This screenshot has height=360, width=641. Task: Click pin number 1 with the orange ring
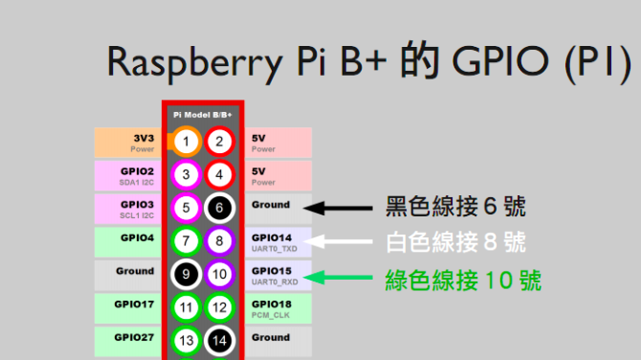point(187,142)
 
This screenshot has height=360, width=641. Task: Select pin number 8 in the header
point(219,241)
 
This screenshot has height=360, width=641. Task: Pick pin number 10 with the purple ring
point(219,275)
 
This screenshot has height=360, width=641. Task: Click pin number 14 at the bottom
point(219,341)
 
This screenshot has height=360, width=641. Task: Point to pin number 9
point(187,275)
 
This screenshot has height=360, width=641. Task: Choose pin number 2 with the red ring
point(219,142)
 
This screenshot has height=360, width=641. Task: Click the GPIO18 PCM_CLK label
point(277,307)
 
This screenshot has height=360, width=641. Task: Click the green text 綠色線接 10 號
point(463,281)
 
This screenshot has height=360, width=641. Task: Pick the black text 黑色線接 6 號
point(454,206)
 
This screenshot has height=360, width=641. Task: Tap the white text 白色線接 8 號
point(454,241)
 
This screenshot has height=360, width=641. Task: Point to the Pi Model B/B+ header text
point(203,113)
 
